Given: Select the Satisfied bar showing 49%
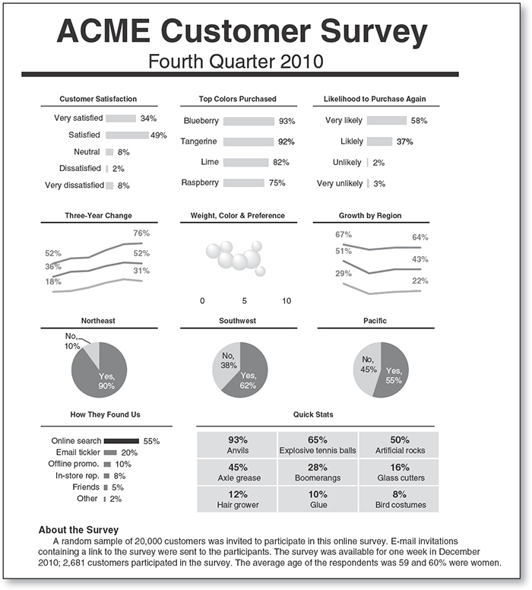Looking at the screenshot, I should [127, 135].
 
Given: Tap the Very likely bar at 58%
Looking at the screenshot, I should [386, 120].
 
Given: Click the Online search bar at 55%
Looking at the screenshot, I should [121, 441].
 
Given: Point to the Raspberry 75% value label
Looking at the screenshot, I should [277, 183].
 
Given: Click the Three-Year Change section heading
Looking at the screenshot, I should [98, 216].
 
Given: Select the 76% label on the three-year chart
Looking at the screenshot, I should [141, 233].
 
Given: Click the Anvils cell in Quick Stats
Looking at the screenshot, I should [238, 445].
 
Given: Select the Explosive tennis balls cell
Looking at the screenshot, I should [318, 445].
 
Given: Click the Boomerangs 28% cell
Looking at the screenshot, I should [318, 472].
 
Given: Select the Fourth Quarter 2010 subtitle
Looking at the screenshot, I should [237, 61].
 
